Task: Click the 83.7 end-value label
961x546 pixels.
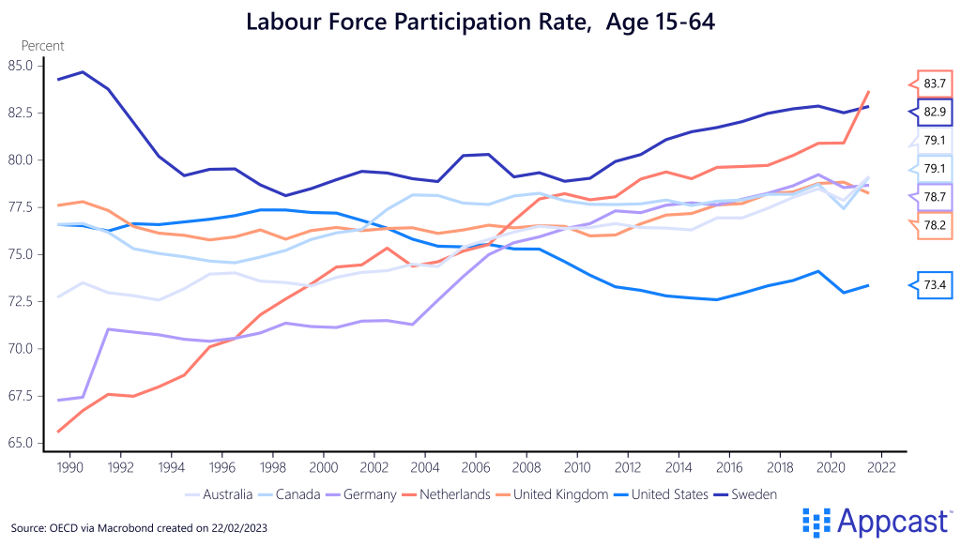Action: point(934,83)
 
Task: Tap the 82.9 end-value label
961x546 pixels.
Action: point(934,112)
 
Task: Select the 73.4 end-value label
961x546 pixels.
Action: point(934,285)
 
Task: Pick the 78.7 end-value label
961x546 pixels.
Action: point(934,197)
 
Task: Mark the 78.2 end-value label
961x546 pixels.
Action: point(934,225)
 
